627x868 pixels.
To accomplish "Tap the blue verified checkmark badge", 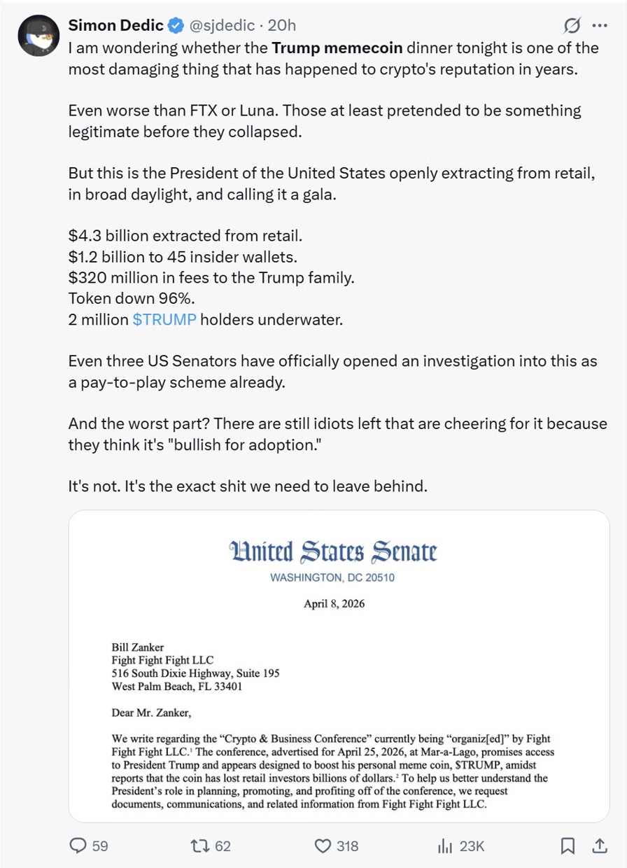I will coord(174,26).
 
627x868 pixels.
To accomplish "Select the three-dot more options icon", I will coord(600,26).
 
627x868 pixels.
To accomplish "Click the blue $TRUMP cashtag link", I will coord(164,319).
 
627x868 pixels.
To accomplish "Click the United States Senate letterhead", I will coord(332,553).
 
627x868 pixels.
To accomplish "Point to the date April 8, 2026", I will coord(334,603).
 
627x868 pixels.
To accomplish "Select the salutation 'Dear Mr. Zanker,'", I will coord(150,713).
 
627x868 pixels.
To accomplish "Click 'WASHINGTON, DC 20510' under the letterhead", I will coord(332,577).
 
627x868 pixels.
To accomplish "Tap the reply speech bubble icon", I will coord(78,846).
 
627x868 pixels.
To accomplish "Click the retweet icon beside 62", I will coord(200,846).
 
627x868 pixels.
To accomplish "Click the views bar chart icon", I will coord(445,846).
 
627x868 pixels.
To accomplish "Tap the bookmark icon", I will coord(568,846).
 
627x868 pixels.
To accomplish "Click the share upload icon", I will coord(600,846).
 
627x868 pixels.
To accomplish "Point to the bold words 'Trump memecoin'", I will coord(336,48).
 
